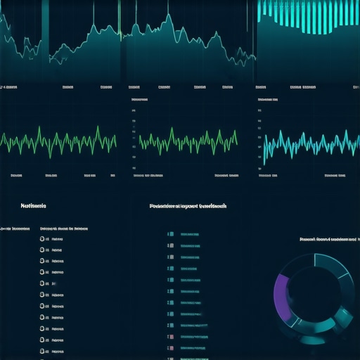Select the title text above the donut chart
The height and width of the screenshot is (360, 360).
coord(328,239)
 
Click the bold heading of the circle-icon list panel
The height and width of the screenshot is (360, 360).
coord(33,206)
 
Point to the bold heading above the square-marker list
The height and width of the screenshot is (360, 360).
coord(188,207)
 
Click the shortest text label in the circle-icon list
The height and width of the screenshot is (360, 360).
coord(53,283)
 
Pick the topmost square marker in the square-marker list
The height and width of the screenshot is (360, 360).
coord(169,234)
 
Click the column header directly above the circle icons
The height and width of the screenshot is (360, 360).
coord(63,229)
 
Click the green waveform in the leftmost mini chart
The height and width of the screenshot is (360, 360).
coord(60,141)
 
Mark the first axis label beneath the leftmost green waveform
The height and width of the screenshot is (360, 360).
coord(15,174)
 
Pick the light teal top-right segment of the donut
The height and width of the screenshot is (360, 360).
coord(334,271)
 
